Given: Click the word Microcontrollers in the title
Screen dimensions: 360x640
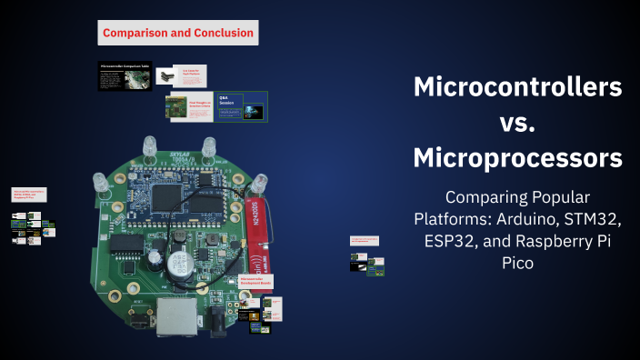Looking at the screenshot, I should coord(518,87).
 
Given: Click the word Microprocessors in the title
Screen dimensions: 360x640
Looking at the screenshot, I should coord(518,158).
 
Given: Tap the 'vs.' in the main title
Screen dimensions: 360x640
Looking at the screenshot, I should coord(518,123).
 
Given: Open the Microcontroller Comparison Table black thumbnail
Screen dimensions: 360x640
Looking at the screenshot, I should coord(125,76).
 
